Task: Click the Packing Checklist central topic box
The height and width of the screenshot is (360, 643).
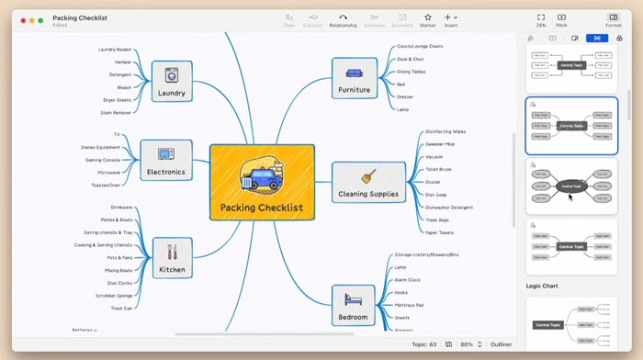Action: click(x=262, y=181)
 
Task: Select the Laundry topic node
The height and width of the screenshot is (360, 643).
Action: click(x=171, y=80)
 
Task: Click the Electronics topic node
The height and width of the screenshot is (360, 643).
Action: click(x=166, y=160)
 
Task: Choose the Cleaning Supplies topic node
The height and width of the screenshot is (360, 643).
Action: click(x=367, y=182)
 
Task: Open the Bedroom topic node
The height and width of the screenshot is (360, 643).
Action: click(x=353, y=305)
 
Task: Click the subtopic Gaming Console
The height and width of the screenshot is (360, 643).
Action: click(x=103, y=159)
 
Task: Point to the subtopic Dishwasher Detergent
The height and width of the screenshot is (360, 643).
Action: click(x=449, y=208)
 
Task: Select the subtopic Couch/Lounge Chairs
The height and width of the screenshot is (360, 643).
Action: click(x=420, y=46)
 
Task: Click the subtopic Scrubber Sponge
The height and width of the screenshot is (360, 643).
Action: click(x=113, y=296)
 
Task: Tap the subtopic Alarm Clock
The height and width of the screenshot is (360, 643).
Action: click(x=408, y=279)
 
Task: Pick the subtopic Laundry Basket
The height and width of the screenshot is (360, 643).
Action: click(x=114, y=49)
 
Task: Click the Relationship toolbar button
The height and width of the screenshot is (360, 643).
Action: click(x=343, y=20)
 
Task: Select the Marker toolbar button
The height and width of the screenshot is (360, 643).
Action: click(x=428, y=20)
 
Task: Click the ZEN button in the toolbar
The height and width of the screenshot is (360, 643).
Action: click(x=541, y=20)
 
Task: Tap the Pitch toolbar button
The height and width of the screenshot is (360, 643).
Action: click(x=561, y=20)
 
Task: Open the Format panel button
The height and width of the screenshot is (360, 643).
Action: click(x=613, y=20)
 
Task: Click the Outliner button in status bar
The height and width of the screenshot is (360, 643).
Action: click(x=501, y=343)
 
